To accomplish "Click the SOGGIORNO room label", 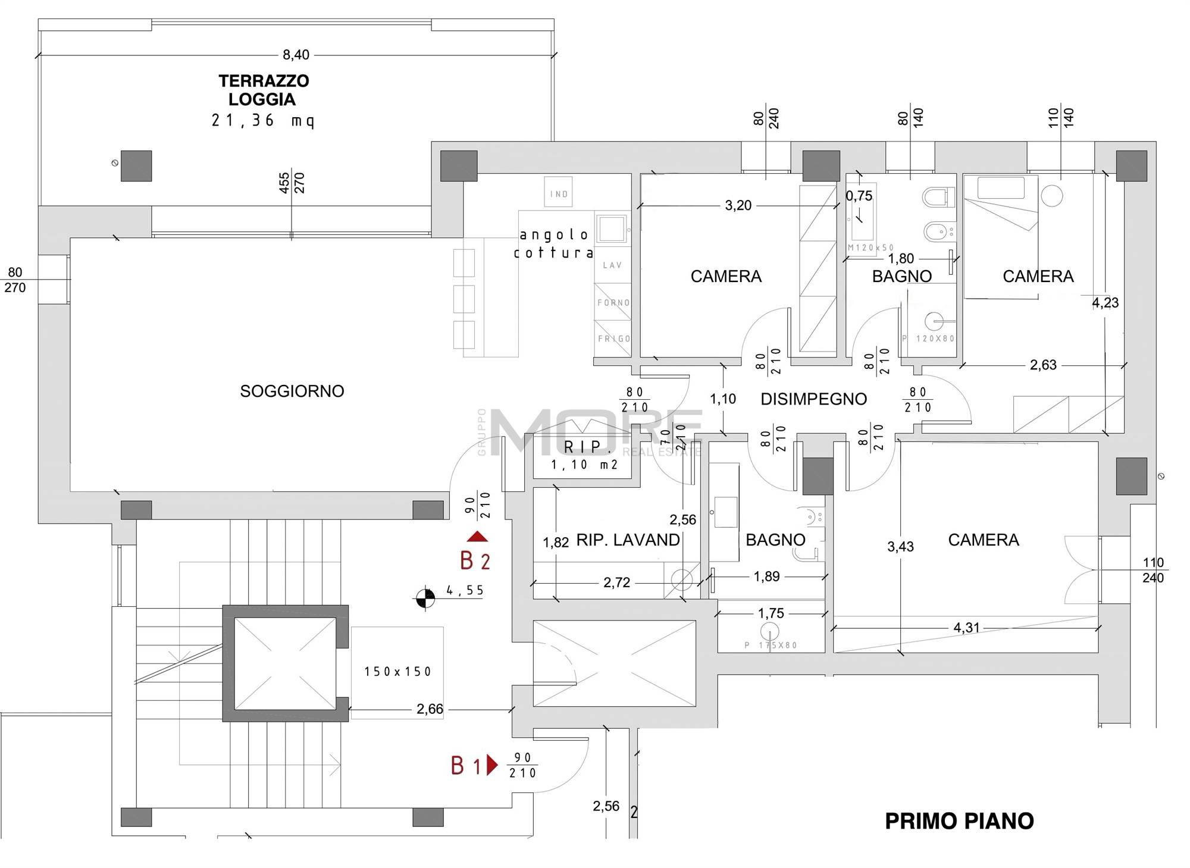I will [x=292, y=391].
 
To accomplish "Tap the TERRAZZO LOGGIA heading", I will [x=264, y=90].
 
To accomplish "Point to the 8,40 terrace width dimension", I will [x=296, y=55].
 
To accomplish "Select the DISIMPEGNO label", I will [x=813, y=399].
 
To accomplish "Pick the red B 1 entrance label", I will [x=466, y=766].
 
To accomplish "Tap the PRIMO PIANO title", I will [x=959, y=821].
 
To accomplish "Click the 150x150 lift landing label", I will [x=397, y=672].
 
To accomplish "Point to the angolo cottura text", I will [x=554, y=244].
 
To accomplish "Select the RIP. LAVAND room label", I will [x=628, y=540].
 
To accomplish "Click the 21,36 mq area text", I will [x=263, y=121].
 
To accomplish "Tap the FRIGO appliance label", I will [x=614, y=339].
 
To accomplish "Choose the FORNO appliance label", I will [x=613, y=303].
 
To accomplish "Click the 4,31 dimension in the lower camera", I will [x=966, y=628].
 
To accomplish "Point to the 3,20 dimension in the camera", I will [x=738, y=206].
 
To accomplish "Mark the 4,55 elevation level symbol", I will [x=425, y=598].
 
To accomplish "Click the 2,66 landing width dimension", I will [x=430, y=709].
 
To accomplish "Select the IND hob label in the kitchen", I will [x=559, y=194].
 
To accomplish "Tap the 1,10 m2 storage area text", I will [x=584, y=465].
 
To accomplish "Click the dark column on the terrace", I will [x=136, y=165].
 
